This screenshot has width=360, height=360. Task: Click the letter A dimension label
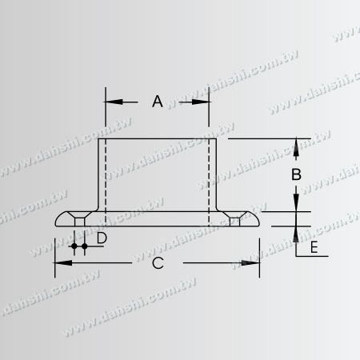click(158, 102)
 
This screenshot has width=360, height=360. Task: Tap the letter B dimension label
click(295, 174)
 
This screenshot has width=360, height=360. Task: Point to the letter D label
click(102, 238)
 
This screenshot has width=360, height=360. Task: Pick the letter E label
click(314, 248)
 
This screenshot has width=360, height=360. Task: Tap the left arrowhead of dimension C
click(61, 263)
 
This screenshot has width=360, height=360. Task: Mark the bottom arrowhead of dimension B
click(296, 205)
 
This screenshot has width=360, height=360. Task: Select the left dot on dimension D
click(74, 247)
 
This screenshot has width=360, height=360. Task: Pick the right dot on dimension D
click(84, 247)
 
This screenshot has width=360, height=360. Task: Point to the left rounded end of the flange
click(58, 221)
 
